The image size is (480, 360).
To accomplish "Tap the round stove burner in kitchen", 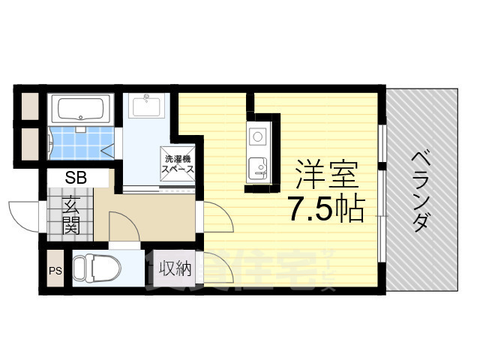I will pyautogui.click(x=257, y=137).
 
